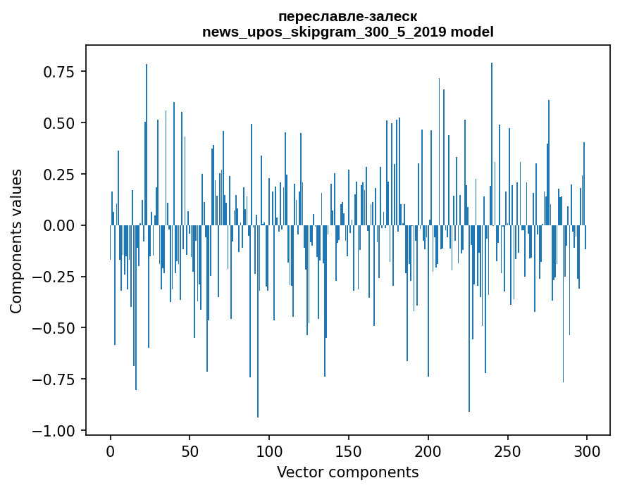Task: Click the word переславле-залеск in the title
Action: click(347, 16)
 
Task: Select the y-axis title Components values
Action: click(16, 241)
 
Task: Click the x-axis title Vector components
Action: click(347, 472)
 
